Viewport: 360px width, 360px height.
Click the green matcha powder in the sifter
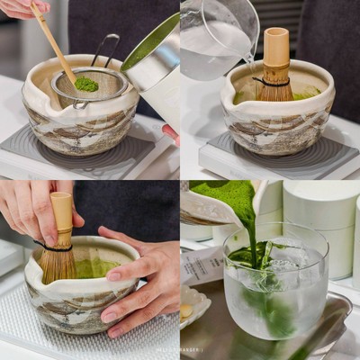86,84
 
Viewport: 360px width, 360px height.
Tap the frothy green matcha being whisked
95,267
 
